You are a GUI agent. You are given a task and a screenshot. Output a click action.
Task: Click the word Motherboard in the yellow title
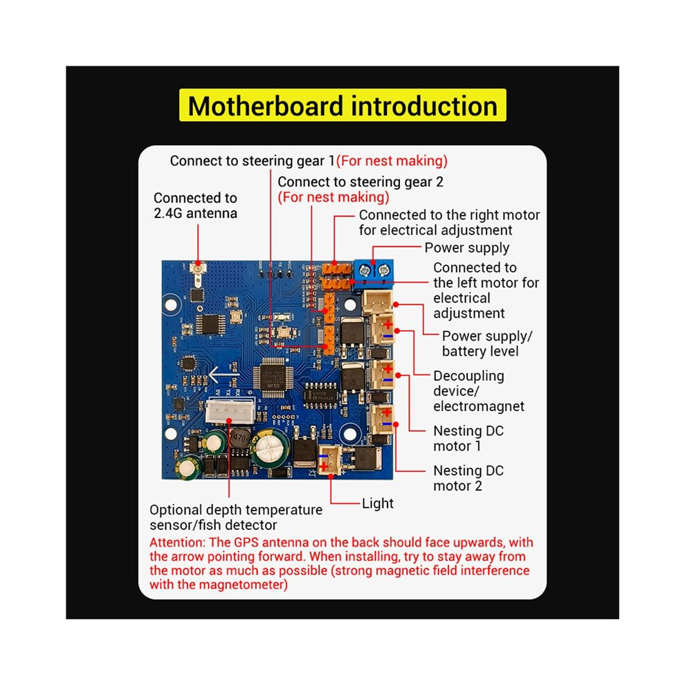[x=265, y=106]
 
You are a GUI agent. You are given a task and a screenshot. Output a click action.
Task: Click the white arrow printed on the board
[x=221, y=375]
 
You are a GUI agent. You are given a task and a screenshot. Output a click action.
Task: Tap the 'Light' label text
[x=378, y=503]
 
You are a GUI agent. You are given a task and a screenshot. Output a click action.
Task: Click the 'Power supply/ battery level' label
[x=487, y=344]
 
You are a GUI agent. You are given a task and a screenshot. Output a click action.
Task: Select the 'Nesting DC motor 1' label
[x=468, y=439]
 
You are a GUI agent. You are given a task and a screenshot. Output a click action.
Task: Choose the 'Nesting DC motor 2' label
[x=468, y=478]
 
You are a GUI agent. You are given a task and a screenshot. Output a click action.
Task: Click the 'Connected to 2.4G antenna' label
[x=195, y=205]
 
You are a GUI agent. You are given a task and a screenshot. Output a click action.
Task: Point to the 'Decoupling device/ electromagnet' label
[x=479, y=391]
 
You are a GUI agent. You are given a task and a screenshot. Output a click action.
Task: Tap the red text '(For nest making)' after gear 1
[x=392, y=161]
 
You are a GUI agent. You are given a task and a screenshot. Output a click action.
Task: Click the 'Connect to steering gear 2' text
[x=360, y=182]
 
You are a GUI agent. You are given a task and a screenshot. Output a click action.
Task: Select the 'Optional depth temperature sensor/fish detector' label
[x=236, y=518]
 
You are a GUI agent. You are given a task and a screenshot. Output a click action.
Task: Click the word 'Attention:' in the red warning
[x=177, y=542]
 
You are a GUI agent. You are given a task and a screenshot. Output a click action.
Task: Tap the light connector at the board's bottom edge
[x=330, y=462]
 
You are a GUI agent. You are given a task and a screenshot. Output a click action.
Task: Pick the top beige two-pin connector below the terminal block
[x=376, y=302]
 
